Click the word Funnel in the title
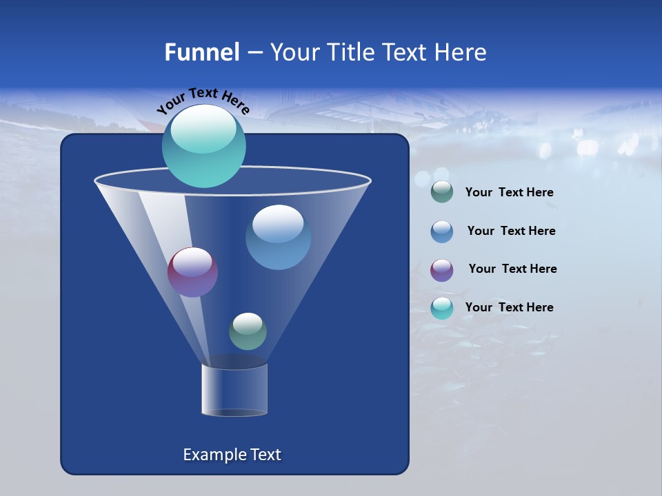point(201,52)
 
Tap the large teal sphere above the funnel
point(203,148)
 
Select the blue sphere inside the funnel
point(278,238)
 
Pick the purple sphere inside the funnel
point(192,272)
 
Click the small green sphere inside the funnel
point(248,331)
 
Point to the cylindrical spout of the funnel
point(234,391)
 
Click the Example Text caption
point(232,455)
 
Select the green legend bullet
point(442,192)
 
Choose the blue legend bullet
point(442,231)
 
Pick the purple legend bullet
point(442,270)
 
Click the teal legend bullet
point(442,309)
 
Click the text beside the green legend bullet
point(509,193)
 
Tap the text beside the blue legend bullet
point(511,231)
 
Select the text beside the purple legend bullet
point(512,269)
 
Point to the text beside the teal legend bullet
point(509,307)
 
